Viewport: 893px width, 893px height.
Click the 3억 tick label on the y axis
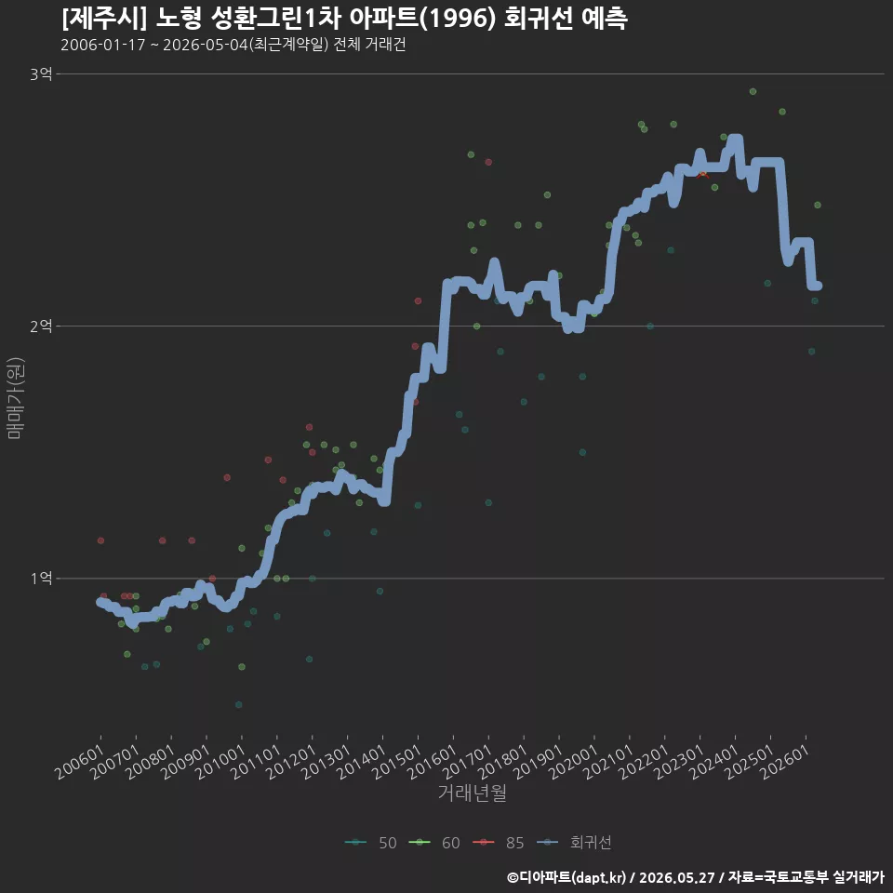41,74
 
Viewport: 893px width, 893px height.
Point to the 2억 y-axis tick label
41,327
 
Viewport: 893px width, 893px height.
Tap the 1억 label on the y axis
41,579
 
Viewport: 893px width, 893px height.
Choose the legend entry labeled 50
371,843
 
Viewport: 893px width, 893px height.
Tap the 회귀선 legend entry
575,843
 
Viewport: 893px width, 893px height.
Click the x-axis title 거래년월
473,793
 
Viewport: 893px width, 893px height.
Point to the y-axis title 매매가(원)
15,398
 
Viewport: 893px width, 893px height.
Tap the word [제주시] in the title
104,19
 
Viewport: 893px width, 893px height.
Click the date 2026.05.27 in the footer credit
676,877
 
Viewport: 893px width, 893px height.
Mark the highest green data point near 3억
753,92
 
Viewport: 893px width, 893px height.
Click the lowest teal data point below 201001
239,705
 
